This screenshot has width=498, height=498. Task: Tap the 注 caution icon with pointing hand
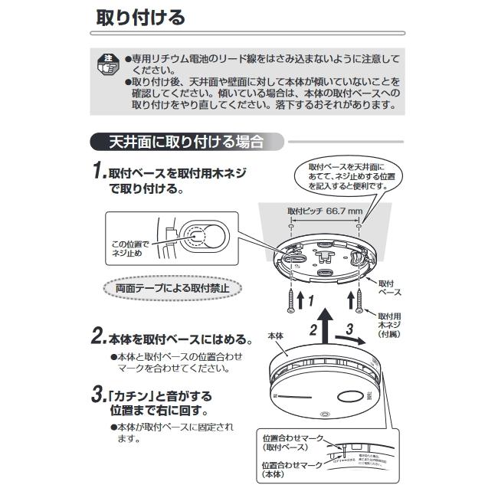[x=108, y=64]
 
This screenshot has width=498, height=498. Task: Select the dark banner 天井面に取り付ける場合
[x=185, y=142]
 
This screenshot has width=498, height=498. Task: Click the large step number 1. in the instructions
[x=98, y=172]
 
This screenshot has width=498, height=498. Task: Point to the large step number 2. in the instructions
[x=98, y=337]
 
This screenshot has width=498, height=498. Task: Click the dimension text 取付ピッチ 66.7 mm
[x=325, y=210]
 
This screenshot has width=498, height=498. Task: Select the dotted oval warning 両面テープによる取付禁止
[x=172, y=289]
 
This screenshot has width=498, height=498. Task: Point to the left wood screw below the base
[x=292, y=298]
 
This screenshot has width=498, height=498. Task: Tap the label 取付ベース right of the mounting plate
[x=389, y=287]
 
